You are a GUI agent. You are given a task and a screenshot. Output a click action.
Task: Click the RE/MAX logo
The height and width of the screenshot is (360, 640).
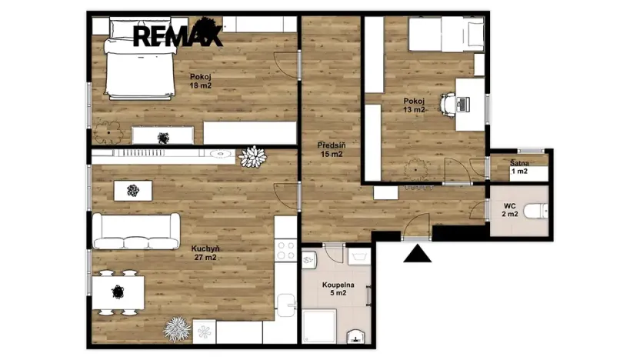click(x=178, y=35)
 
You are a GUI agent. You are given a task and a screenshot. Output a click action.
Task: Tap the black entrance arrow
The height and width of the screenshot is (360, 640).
click(x=418, y=253)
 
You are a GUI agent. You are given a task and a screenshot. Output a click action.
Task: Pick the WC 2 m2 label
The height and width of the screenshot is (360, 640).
click(x=508, y=210)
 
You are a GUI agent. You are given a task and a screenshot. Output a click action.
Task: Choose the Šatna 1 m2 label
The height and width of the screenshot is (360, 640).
click(x=519, y=167)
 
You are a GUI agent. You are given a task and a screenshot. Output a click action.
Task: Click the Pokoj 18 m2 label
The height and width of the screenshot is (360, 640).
click(x=201, y=81)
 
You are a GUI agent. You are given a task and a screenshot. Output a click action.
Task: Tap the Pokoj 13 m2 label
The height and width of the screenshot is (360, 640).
click(x=414, y=105)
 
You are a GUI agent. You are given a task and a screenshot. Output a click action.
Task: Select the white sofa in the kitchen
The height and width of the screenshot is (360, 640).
click(x=136, y=231)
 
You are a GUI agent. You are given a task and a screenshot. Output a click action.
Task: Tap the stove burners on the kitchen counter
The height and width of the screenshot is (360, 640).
click(x=285, y=250)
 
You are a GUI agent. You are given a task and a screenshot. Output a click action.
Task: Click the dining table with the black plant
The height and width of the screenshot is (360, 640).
click(x=118, y=291)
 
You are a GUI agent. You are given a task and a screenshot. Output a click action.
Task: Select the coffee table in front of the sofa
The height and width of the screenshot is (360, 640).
click(x=133, y=190)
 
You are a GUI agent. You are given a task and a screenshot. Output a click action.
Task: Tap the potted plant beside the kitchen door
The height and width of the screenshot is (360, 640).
click(x=252, y=157)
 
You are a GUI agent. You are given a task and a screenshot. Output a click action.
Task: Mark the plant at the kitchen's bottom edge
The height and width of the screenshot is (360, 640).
click(x=177, y=329)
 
